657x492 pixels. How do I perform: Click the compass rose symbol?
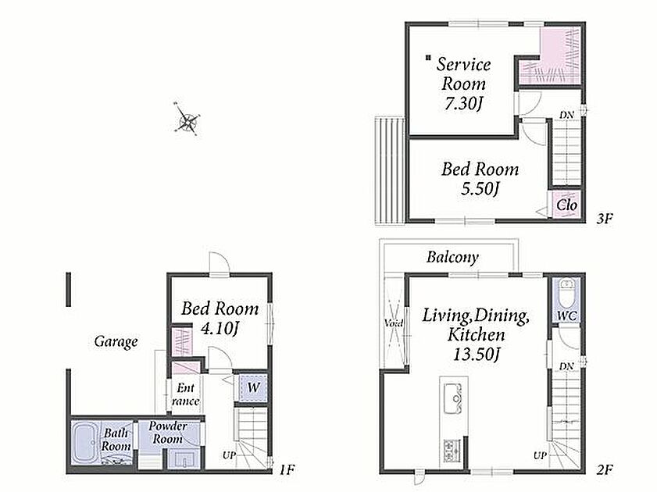(x=187, y=119)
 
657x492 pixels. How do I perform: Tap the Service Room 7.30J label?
(x=463, y=84)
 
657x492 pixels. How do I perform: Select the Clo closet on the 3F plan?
(x=566, y=205)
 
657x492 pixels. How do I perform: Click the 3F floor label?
(x=605, y=218)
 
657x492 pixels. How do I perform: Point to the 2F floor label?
(x=605, y=470)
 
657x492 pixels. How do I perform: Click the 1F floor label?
(x=287, y=470)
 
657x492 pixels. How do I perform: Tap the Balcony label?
(x=452, y=257)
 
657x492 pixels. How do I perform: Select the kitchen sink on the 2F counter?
(x=452, y=398)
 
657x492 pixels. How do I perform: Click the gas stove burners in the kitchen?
(x=452, y=450)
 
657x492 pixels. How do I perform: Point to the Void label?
(x=394, y=323)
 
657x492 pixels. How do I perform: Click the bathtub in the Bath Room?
(x=85, y=443)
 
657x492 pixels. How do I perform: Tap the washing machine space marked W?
(x=252, y=387)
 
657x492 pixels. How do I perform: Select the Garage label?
(x=116, y=342)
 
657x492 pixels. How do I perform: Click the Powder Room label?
(x=168, y=433)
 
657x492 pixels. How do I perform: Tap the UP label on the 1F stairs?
(x=229, y=455)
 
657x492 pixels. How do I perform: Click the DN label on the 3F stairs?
(x=566, y=114)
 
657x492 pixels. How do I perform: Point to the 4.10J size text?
(x=220, y=329)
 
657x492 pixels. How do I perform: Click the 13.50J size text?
(x=477, y=355)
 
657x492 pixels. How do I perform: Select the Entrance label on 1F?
(x=185, y=394)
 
